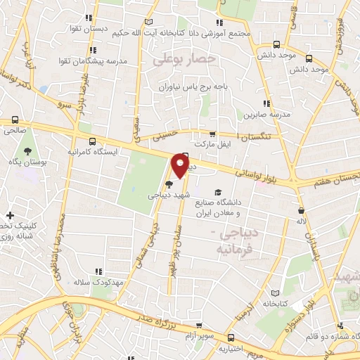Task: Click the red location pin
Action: pos(180,167)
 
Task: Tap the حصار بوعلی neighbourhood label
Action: pos(182,61)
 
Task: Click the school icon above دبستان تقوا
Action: pos(88,18)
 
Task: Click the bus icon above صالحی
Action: pos(14,120)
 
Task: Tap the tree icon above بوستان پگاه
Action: pos(27,151)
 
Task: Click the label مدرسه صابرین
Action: pos(262,113)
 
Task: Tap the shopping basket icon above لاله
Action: pos(302,210)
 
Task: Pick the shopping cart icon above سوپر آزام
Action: pos(201,326)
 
